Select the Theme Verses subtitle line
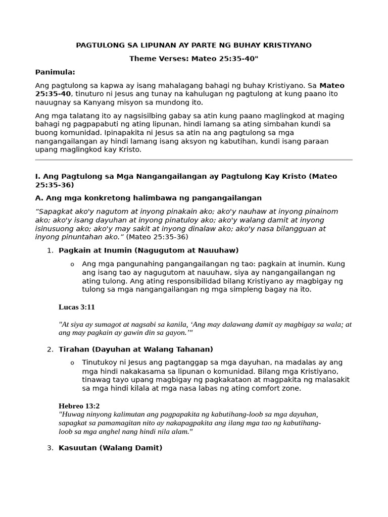coord(193,59)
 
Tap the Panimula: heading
coord(55,72)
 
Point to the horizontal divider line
coord(193,160)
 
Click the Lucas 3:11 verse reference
coord(77,307)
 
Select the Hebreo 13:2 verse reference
coord(79,406)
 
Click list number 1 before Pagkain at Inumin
coord(50,250)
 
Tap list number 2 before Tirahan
coord(50,349)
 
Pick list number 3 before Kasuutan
coord(50,448)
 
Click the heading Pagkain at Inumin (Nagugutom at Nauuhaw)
coord(149,250)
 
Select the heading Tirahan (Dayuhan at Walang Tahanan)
coord(136,349)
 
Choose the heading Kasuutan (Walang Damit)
coord(111,448)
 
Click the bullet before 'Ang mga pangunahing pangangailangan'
coord(72,265)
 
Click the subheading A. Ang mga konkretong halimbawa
coord(149,198)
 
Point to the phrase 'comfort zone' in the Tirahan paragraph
coord(277,388)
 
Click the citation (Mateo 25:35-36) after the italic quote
coord(157,237)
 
